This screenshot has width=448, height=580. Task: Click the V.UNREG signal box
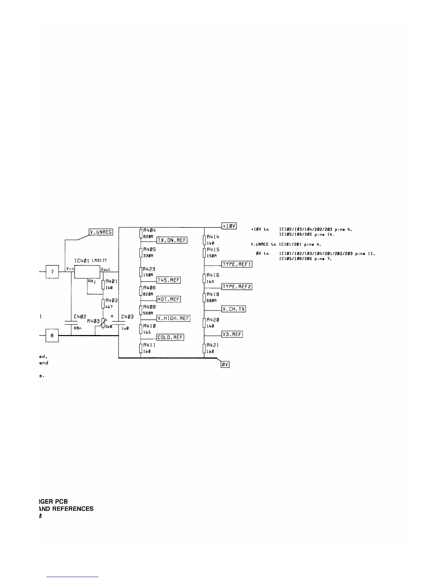click(101, 232)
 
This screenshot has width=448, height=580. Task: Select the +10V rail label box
click(229, 226)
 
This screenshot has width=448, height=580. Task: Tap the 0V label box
click(225, 364)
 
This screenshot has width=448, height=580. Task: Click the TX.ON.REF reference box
click(172, 240)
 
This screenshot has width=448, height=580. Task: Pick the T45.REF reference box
click(168, 280)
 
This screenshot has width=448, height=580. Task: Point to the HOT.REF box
click(168, 299)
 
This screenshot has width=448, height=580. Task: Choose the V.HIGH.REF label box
click(173, 318)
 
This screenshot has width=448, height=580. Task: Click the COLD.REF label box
click(170, 337)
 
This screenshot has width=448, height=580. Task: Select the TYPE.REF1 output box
click(237, 264)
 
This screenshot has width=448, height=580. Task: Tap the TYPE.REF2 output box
click(237, 286)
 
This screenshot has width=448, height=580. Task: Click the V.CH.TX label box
click(234, 309)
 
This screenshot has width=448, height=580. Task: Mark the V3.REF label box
click(232, 334)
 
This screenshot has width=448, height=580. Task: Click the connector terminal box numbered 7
click(52, 272)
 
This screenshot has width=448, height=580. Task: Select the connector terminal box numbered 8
click(52, 335)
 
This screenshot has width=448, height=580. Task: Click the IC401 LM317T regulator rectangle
click(87, 272)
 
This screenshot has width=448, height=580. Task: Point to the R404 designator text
click(149, 230)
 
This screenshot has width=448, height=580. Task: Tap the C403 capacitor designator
click(127, 317)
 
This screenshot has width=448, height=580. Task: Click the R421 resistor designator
click(213, 345)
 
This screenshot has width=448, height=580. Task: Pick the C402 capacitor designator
click(80, 316)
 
